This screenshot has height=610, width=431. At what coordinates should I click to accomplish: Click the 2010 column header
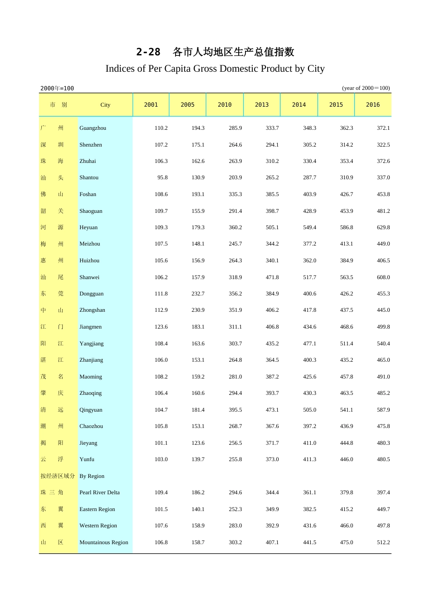(x=225, y=105)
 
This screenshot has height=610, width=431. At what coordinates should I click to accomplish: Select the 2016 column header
(x=373, y=105)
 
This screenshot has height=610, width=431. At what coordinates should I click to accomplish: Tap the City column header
(x=105, y=105)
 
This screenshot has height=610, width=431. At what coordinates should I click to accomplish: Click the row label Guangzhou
(x=93, y=128)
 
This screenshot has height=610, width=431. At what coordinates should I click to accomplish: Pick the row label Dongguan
(x=91, y=294)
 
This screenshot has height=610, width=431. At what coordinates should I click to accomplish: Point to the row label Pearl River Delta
(x=99, y=492)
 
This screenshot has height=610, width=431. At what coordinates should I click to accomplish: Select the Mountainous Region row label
(x=103, y=542)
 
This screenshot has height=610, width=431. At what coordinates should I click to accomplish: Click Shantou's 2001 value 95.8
(x=162, y=177)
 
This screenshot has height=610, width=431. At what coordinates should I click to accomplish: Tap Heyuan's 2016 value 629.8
(x=383, y=227)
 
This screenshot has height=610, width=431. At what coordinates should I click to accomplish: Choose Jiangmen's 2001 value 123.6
(x=161, y=327)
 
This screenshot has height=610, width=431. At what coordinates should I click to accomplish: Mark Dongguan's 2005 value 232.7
(x=198, y=294)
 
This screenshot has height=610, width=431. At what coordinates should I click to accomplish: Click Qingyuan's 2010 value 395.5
(x=235, y=410)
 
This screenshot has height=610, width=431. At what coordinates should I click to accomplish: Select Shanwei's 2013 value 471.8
(x=272, y=277)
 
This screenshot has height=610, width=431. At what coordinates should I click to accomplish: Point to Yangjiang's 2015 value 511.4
(x=347, y=344)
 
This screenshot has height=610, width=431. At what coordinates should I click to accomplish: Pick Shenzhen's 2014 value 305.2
(x=309, y=145)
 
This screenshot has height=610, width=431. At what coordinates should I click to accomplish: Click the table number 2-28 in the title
(x=148, y=52)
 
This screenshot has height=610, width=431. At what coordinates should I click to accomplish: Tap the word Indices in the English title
(x=120, y=69)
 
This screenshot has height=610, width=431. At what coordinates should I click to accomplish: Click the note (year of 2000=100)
(x=366, y=88)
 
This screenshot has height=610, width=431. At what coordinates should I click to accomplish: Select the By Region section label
(x=92, y=476)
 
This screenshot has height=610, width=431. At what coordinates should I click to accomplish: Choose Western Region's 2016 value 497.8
(x=383, y=526)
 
